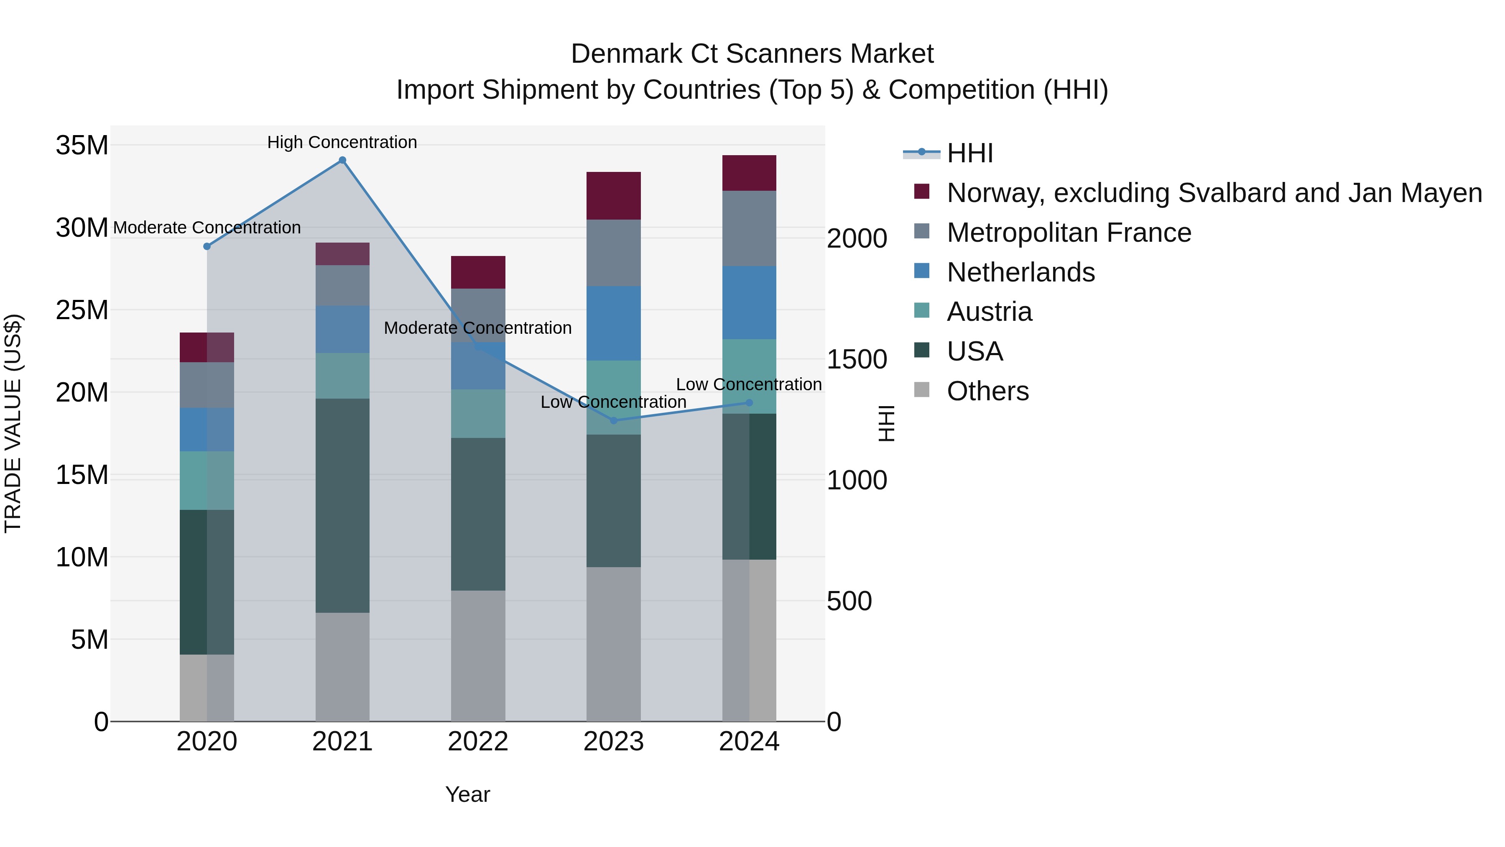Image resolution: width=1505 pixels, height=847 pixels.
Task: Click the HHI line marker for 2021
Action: (342, 160)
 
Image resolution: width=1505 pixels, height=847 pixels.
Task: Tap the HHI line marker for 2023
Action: (613, 420)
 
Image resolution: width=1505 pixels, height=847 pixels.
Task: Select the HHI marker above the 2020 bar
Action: (207, 246)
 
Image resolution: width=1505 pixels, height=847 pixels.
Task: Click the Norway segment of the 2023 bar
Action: (613, 196)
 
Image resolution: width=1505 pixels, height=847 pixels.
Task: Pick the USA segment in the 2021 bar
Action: (342, 506)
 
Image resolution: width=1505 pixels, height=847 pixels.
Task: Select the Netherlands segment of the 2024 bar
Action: (749, 302)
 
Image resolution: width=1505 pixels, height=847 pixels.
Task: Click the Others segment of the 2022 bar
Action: (478, 655)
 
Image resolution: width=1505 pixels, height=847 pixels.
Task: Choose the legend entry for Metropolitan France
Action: (1069, 233)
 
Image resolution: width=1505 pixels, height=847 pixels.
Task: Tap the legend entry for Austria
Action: (989, 312)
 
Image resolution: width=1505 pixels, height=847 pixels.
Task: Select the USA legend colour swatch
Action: (921, 350)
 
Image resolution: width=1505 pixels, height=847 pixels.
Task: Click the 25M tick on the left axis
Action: (82, 310)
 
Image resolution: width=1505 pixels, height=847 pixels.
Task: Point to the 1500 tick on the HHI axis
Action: (857, 359)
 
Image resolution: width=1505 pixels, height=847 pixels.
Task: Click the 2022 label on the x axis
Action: (478, 742)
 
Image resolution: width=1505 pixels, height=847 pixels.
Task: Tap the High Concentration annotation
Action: (342, 142)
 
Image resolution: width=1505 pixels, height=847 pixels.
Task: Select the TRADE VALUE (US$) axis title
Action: (13, 423)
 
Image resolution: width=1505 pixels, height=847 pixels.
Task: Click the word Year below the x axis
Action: (467, 794)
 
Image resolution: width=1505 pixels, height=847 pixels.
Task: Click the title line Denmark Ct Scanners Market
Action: (752, 54)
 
